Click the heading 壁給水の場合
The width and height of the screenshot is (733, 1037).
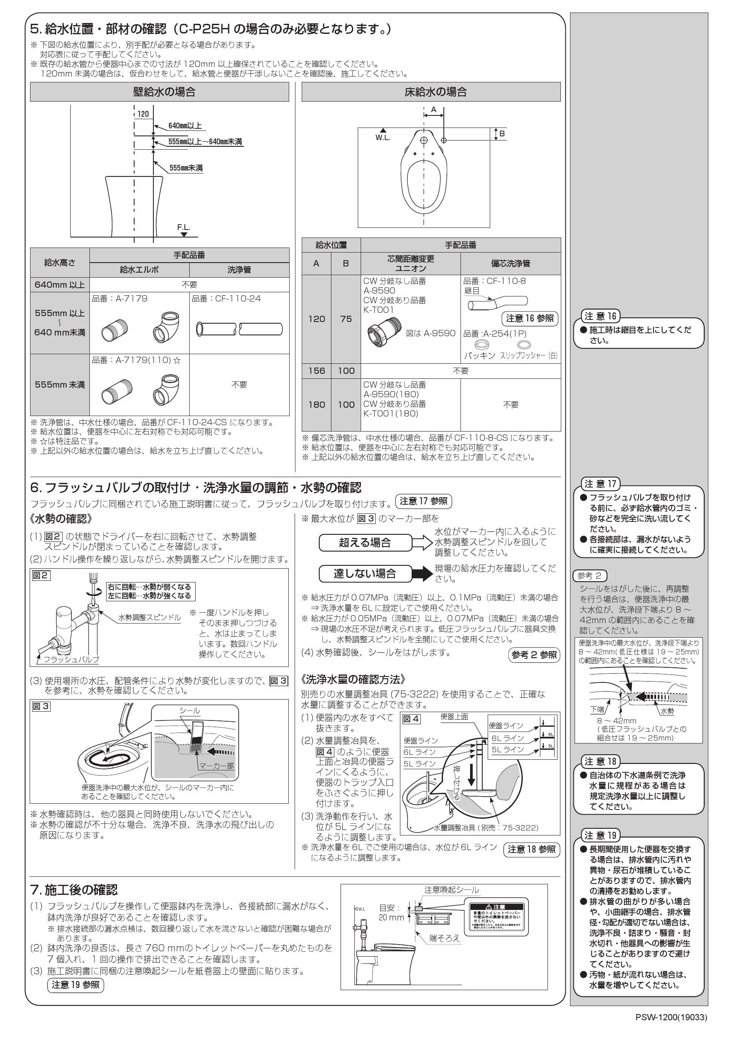[x=164, y=92]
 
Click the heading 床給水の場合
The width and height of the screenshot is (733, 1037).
[x=435, y=92]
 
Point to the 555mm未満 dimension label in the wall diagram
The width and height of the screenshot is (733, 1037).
[x=186, y=168]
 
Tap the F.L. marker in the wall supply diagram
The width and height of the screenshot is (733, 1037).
[x=183, y=227]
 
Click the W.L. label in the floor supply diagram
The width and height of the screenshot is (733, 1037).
[x=383, y=137]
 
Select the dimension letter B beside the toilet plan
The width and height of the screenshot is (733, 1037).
[x=501, y=134]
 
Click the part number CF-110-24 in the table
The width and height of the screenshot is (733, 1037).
[x=226, y=299]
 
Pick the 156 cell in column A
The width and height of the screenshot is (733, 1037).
[x=317, y=371]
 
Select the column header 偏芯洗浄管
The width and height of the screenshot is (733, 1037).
[x=511, y=263]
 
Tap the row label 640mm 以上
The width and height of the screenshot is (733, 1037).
[x=60, y=284]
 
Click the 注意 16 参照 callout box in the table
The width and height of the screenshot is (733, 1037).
[x=530, y=318]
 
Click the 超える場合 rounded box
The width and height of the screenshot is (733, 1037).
[x=365, y=542]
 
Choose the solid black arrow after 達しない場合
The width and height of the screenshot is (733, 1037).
[x=423, y=574]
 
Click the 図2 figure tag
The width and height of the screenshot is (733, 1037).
[x=41, y=575]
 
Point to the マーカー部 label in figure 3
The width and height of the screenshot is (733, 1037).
[x=216, y=766]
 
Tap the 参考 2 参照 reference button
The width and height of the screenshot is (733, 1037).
[x=534, y=655]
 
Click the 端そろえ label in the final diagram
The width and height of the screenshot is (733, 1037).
[x=445, y=938]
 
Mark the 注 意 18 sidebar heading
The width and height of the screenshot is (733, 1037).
[x=600, y=761]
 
